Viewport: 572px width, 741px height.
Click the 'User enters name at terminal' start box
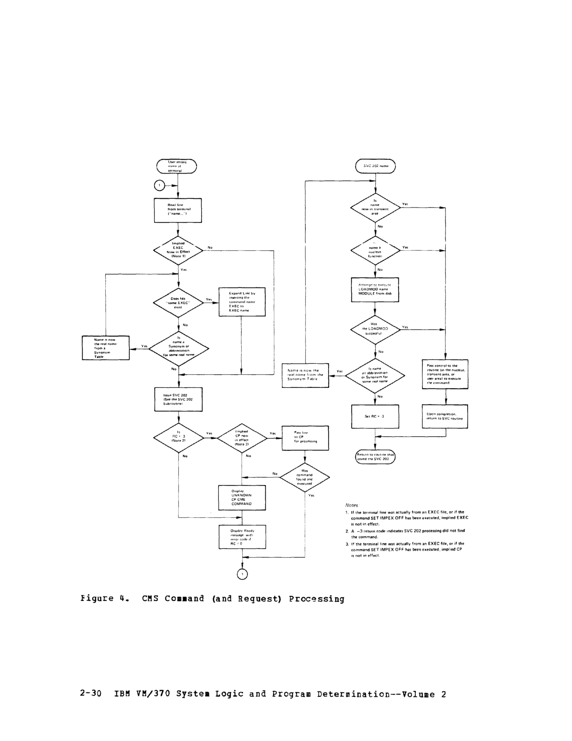pyautogui.click(x=177, y=166)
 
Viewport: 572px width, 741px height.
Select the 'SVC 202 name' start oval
pyautogui.click(x=375, y=166)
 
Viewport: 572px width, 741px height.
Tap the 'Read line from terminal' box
pyautogui.click(x=178, y=210)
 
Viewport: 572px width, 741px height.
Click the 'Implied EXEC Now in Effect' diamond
pyautogui.click(x=178, y=250)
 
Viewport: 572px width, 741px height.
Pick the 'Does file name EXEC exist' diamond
pyautogui.click(x=178, y=303)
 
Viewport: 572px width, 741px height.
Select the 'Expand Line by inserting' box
pyautogui.click(x=242, y=302)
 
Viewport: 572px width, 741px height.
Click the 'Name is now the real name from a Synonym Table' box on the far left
pyautogui.click(x=105, y=348)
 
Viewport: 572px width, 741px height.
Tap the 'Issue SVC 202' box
pyautogui.click(x=178, y=399)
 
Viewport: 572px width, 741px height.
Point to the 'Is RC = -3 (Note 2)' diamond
pyautogui.click(x=178, y=438)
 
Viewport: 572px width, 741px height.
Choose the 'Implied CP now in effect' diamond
pyautogui.click(x=242, y=438)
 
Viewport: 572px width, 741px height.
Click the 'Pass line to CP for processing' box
pyautogui.click(x=305, y=438)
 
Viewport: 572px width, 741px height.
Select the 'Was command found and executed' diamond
pyautogui.click(x=305, y=477)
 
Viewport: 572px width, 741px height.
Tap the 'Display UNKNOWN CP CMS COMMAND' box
pyautogui.click(x=242, y=497)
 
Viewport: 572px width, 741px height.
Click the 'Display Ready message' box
pyautogui.click(x=242, y=537)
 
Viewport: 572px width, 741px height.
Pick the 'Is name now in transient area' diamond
pyautogui.click(x=375, y=207)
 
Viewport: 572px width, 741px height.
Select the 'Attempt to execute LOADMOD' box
pyautogui.click(x=375, y=289)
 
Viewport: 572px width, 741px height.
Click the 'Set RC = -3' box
pyautogui.click(x=375, y=416)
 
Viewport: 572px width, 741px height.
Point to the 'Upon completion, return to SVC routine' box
pyautogui.click(x=445, y=416)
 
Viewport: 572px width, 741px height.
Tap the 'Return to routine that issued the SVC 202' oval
pyautogui.click(x=375, y=457)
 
